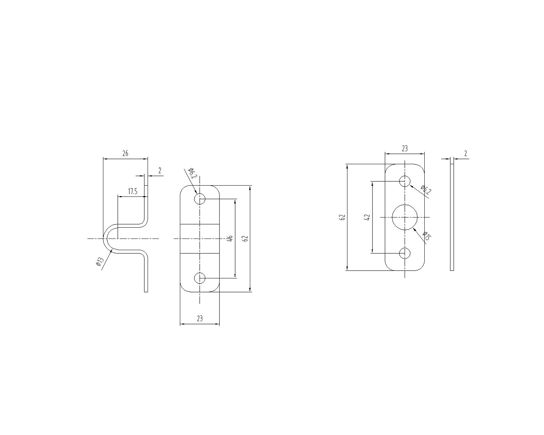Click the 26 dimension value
(x=125, y=153)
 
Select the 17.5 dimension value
(x=133, y=191)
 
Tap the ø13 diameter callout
(x=100, y=261)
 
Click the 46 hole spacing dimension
(x=230, y=238)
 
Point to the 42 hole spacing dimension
(x=367, y=217)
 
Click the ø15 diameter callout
(x=427, y=236)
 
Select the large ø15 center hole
(x=405, y=217)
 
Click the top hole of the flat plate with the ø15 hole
(x=405, y=181)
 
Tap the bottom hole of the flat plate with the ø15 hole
(x=405, y=253)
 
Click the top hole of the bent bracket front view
(x=200, y=199)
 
